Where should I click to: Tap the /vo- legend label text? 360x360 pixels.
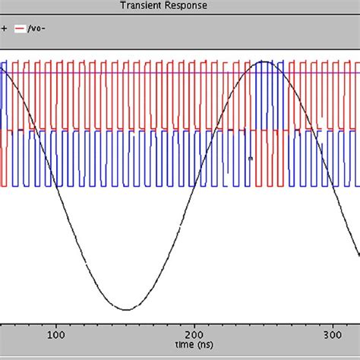[37, 29]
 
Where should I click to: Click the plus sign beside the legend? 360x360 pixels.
[3, 29]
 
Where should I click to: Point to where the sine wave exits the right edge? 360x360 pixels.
[358, 254]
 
